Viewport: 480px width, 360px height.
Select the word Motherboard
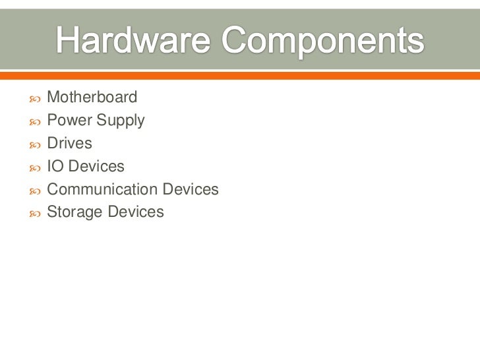tap(92, 98)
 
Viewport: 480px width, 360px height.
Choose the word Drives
tap(70, 144)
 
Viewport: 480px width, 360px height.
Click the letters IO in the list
tap(55, 167)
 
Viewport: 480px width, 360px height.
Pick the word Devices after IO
tap(96, 167)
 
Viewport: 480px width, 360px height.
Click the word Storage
tap(73, 213)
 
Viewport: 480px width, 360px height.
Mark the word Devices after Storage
tap(136, 212)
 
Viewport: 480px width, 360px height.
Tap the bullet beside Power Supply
tap(34, 122)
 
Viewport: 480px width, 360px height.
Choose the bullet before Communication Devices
tap(34, 191)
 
